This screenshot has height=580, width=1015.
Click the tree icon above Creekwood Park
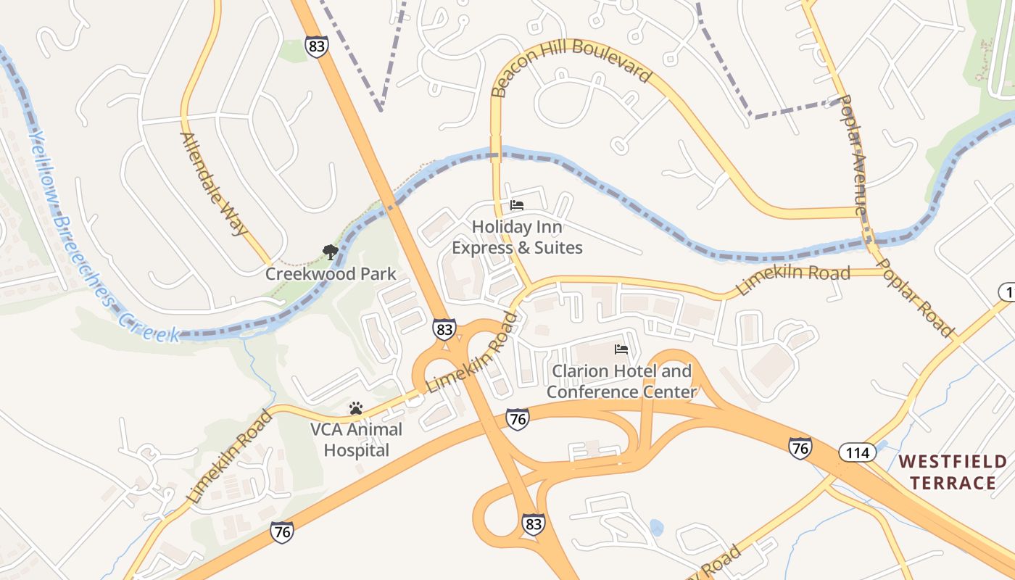coord(331,252)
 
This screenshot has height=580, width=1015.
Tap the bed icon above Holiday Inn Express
coord(517,205)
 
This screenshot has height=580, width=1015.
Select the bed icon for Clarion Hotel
coord(621,349)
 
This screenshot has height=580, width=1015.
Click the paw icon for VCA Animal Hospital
coord(355,408)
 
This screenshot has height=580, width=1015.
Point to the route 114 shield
coord(858,453)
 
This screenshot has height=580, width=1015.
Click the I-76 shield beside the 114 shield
coord(800,448)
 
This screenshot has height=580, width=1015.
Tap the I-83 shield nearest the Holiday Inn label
coord(444,328)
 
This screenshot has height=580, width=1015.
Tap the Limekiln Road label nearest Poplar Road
coord(792,280)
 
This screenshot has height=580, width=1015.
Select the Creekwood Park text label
coord(331,274)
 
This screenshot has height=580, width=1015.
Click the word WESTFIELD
coord(953,462)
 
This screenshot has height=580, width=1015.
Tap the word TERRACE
coord(953,483)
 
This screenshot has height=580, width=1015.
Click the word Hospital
coord(356,450)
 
